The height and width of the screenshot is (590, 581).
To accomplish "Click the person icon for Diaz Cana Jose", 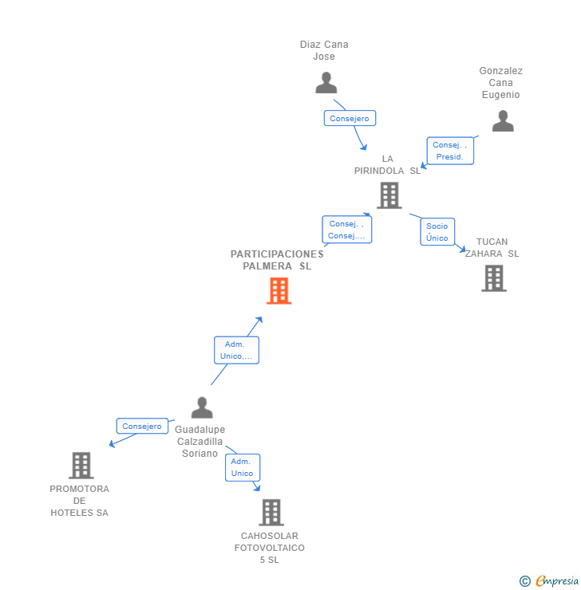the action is tap(326, 83).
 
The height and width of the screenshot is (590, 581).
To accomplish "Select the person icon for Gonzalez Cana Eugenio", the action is tap(503, 121).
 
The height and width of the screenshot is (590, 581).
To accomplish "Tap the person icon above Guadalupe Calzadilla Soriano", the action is tap(202, 407).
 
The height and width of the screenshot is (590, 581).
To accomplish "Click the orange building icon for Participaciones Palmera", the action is tap(279, 291).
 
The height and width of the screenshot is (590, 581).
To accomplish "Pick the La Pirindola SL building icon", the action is tap(389, 195).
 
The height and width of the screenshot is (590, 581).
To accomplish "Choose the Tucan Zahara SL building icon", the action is tap(494, 278).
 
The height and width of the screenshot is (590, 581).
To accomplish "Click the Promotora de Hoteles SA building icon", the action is tap(81, 465).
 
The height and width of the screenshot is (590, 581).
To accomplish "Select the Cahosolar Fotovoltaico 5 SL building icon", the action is tap(271, 512).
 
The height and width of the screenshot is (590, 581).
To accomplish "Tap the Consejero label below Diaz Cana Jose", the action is tap(350, 118).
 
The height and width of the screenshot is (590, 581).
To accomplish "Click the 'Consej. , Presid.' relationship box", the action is tap(450, 151).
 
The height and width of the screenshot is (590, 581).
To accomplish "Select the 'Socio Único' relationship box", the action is tap(437, 232).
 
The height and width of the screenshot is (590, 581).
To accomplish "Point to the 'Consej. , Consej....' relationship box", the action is tap(346, 230).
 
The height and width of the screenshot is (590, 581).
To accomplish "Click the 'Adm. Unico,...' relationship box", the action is tap(236, 350).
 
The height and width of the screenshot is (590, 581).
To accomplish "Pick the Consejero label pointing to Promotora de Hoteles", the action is tap(143, 427).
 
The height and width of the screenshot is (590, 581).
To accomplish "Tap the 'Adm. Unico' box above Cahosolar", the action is tap(242, 467).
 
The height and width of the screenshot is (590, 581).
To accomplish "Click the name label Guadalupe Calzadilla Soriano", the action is tap(200, 442).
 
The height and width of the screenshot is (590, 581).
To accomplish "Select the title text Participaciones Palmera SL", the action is tap(277, 260).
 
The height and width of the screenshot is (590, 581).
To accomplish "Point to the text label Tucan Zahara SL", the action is tap(492, 248).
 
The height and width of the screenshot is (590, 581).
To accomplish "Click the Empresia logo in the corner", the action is tap(550, 581).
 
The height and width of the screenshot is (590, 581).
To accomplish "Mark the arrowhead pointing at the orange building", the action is tap(259, 320).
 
